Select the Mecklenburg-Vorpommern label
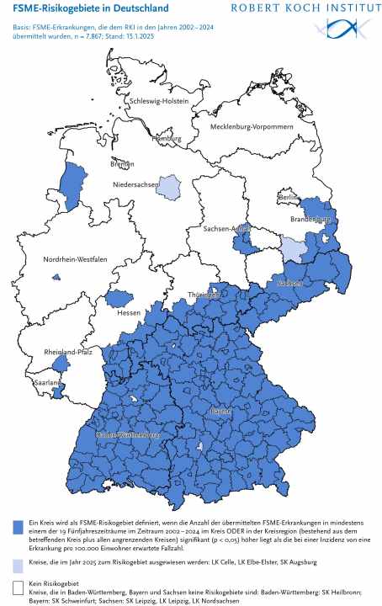point(245,126)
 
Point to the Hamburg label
point(165,138)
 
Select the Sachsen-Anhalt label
point(226,228)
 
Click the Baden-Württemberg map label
point(128,435)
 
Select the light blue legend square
point(18,561)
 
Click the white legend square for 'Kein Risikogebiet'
point(18,585)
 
